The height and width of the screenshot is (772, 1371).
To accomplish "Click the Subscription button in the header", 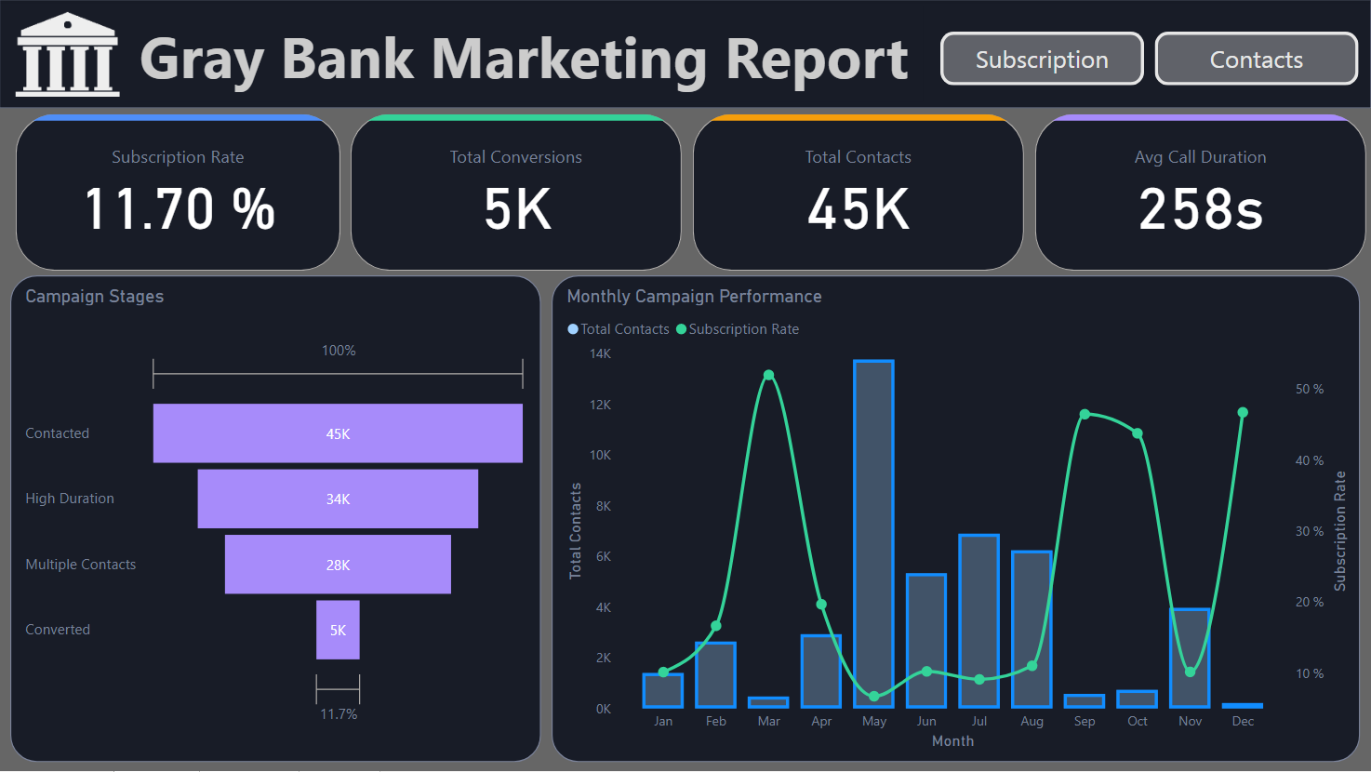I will click(1042, 60).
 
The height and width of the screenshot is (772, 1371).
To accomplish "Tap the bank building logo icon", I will click(68, 55).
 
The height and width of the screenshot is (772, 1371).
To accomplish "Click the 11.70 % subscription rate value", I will click(179, 209).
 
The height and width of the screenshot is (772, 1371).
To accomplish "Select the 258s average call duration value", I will click(1201, 209).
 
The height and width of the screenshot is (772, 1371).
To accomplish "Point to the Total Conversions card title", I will click(515, 157).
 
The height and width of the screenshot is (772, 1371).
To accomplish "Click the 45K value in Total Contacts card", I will click(858, 209).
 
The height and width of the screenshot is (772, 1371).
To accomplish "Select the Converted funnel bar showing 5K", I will click(338, 630).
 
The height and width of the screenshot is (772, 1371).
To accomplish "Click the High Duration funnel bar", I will click(338, 499).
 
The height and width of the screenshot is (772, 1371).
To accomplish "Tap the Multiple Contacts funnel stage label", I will click(81, 565).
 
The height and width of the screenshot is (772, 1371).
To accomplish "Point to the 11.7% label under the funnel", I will click(339, 714).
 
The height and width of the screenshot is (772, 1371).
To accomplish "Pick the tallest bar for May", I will click(873, 534).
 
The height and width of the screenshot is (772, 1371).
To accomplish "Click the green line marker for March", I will click(768, 376).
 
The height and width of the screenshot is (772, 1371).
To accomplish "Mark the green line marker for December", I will click(1243, 412).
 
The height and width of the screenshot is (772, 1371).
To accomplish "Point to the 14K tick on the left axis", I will click(600, 353).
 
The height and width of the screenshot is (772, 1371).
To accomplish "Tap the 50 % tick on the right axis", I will click(1309, 389).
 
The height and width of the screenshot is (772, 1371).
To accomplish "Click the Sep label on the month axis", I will click(1085, 721).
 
